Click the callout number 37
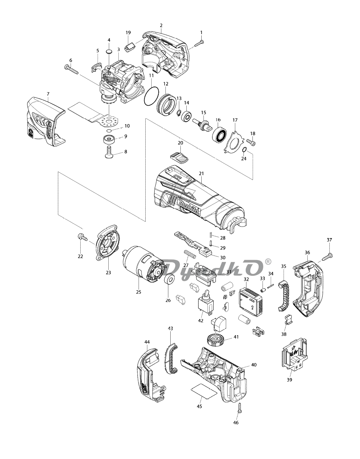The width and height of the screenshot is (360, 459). [x=329, y=240]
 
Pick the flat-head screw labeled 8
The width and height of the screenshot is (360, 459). [x=109, y=152]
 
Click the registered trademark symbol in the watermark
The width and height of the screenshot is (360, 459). [x=268, y=262]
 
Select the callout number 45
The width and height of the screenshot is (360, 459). [x=199, y=412]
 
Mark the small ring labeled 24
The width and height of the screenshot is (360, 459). [x=244, y=150]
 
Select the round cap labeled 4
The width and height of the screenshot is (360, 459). [x=109, y=51]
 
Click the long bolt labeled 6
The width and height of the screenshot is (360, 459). [x=71, y=70]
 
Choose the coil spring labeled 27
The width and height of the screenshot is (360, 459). [x=190, y=254]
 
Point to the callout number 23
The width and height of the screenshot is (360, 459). [x=108, y=272]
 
